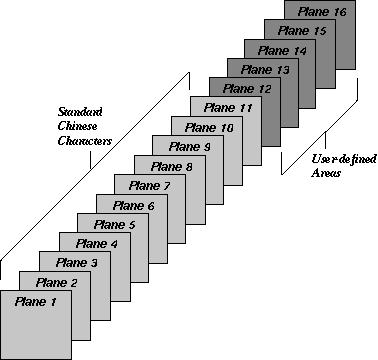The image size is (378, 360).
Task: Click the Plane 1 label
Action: point(35,301)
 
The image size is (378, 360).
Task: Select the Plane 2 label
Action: point(54,282)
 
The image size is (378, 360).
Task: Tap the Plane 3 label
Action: point(73,262)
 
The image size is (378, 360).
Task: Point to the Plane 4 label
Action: point(92,243)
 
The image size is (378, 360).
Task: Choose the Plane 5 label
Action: point(111,224)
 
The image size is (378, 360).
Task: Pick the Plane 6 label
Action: point(130,205)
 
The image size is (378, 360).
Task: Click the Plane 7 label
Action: point(148,186)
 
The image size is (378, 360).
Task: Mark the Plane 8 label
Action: point(167,166)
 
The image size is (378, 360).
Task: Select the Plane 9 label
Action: point(187,147)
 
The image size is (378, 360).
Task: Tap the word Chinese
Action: point(80,126)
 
